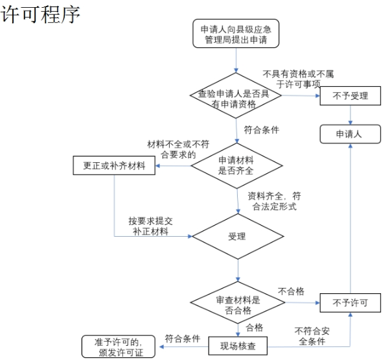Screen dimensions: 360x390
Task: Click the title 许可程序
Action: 41,14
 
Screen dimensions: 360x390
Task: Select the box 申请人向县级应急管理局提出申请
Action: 236,34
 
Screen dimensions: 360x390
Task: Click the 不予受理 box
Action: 350,95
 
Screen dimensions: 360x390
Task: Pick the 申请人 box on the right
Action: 350,134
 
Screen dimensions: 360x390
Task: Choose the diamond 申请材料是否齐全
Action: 236,165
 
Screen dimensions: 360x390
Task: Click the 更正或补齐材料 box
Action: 114,165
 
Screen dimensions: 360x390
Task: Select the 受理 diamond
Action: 237,236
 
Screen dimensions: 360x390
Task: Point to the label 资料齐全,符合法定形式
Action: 273,200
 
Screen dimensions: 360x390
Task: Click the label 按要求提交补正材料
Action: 150,225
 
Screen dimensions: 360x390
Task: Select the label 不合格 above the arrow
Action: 291,291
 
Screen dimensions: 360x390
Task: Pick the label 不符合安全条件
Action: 312,335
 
